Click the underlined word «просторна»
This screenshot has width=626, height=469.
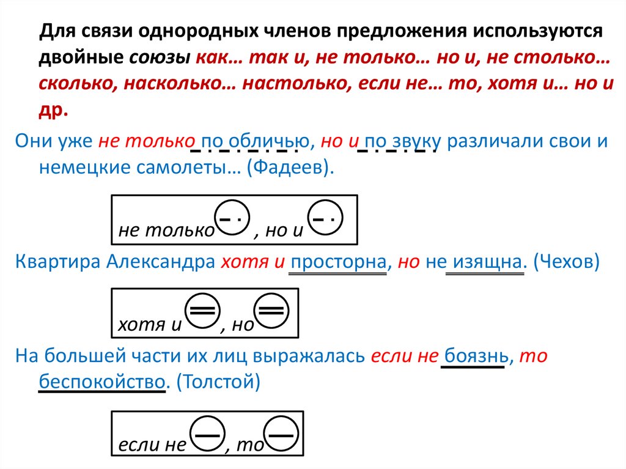tap(338, 262)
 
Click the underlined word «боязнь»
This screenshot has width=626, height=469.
tap(473, 356)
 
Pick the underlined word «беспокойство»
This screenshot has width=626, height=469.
tap(103, 381)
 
